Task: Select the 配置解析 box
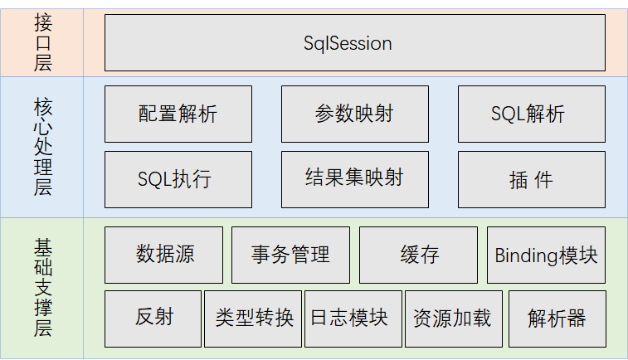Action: point(178,114)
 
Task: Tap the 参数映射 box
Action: point(354,114)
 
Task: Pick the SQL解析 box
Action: point(531,114)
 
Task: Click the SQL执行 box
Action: point(178,179)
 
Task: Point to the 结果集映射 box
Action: point(354,179)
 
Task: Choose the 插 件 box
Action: point(531,179)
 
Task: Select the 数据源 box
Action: point(163,255)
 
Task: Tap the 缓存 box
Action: point(418,255)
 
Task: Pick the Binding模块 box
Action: point(546,255)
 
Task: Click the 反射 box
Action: point(153,319)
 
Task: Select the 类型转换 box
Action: point(253,319)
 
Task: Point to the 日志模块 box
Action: point(353,319)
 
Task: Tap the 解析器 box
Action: point(557,319)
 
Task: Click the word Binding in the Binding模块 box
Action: point(525,255)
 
